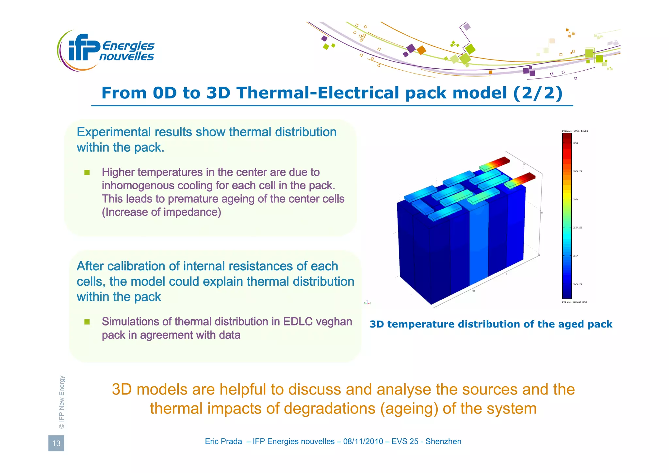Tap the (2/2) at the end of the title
[538, 93]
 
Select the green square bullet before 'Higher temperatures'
[87, 172]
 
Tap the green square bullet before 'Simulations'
[87, 322]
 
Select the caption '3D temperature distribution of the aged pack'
[491, 324]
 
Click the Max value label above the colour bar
[575, 131]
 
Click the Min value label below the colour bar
[574, 302]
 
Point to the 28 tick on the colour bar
[576, 199]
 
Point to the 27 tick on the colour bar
[576, 256]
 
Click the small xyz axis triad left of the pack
[367, 302]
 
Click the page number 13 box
[56, 443]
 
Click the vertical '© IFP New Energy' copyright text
[62, 402]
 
